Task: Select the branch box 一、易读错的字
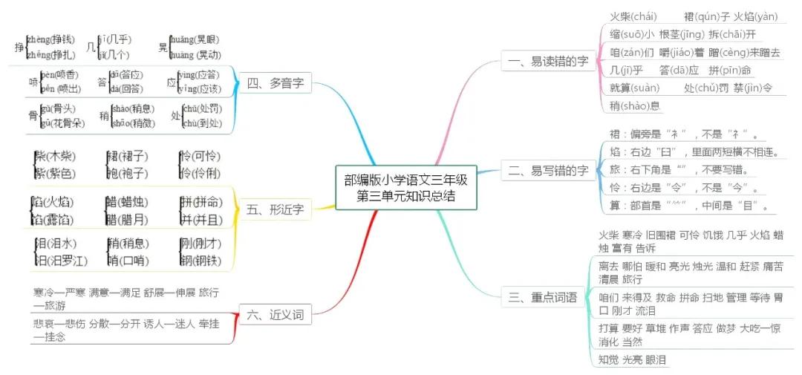tap(545, 62)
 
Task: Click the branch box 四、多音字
tap(274, 83)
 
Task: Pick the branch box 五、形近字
tap(274, 209)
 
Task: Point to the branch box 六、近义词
tap(274, 314)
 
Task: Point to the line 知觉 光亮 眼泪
tap(632, 359)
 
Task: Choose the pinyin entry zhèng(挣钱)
tap(50, 39)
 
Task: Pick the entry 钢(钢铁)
tap(200, 260)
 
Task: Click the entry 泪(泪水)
tap(55, 243)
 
